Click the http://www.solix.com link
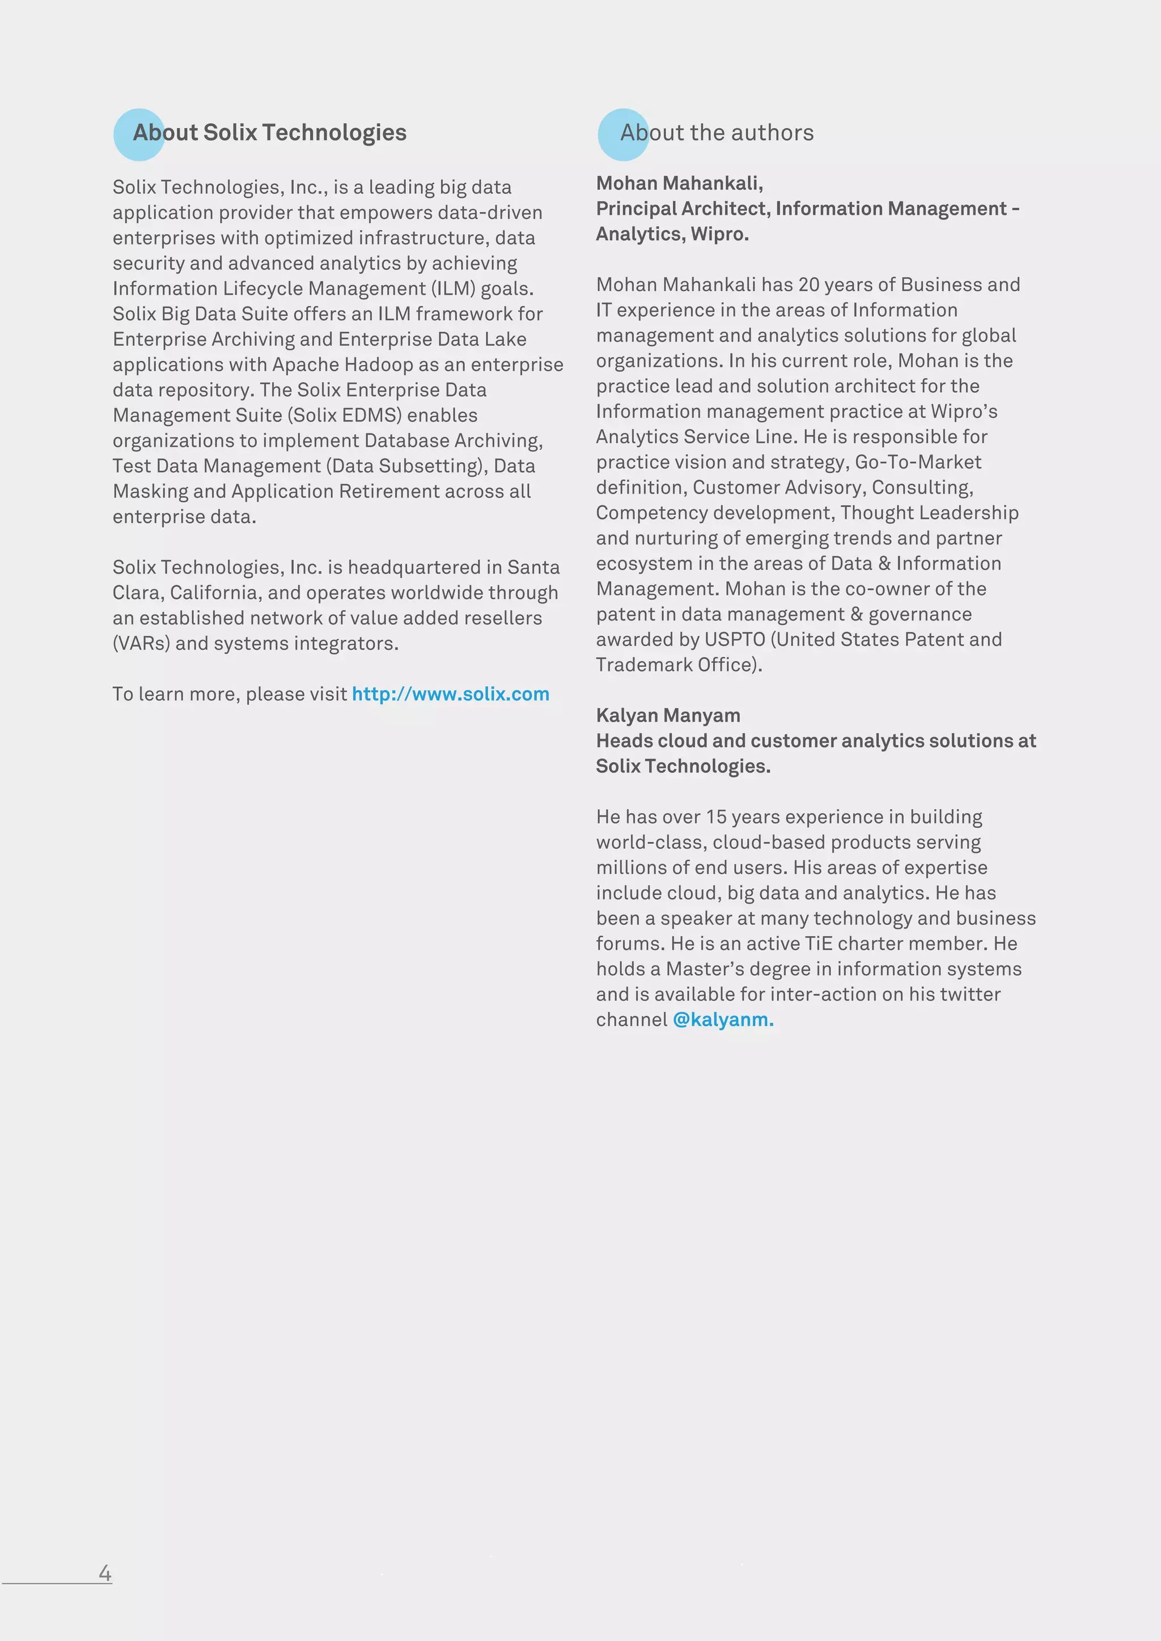coord(450,694)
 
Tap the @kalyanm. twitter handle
coord(723,1019)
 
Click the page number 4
coord(105,1572)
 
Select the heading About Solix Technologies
coord(269,133)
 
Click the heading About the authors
coord(717,133)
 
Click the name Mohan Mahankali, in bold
coord(679,184)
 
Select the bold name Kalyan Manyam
coord(668,716)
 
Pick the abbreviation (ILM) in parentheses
coord(452,289)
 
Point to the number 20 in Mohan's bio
coord(808,285)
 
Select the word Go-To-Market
coord(918,462)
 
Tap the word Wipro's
coord(964,412)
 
